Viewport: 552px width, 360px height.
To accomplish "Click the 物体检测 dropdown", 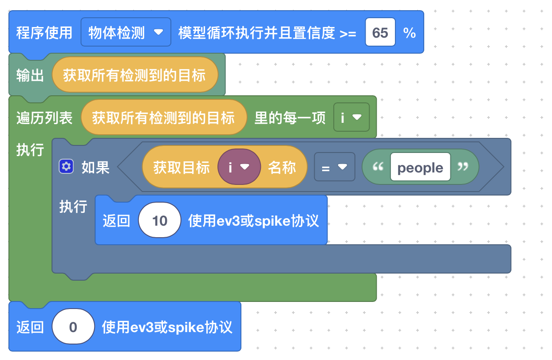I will [x=126, y=32].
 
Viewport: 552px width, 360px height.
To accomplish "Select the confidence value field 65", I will [x=380, y=32].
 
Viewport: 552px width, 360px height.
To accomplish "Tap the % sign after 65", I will [x=410, y=33].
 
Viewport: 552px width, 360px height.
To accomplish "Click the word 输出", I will [x=30, y=75].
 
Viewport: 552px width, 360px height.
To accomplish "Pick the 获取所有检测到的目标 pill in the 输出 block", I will [x=134, y=75].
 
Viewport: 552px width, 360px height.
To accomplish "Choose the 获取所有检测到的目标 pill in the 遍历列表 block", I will [x=163, y=117].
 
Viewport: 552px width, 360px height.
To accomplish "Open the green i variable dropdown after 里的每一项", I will [x=351, y=117].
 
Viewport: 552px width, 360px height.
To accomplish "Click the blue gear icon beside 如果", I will [x=66, y=167].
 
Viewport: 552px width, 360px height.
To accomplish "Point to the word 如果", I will [x=95, y=167].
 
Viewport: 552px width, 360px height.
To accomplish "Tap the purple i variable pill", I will [x=239, y=167].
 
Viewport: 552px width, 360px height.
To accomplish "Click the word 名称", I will [x=282, y=167].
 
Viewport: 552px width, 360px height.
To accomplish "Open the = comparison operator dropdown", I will [x=334, y=167].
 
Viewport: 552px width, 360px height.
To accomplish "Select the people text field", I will [x=420, y=167].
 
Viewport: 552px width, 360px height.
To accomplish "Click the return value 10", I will [x=160, y=220].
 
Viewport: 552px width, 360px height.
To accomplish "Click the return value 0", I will [x=73, y=327].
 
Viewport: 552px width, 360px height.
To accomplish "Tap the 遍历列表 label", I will [x=44, y=118].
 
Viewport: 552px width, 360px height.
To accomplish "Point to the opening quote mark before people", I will [x=378, y=167].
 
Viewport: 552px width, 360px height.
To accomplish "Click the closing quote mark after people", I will [x=463, y=167].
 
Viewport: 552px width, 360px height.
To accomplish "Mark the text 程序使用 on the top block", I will [x=44, y=33].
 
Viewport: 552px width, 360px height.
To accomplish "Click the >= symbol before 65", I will [x=348, y=33].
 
